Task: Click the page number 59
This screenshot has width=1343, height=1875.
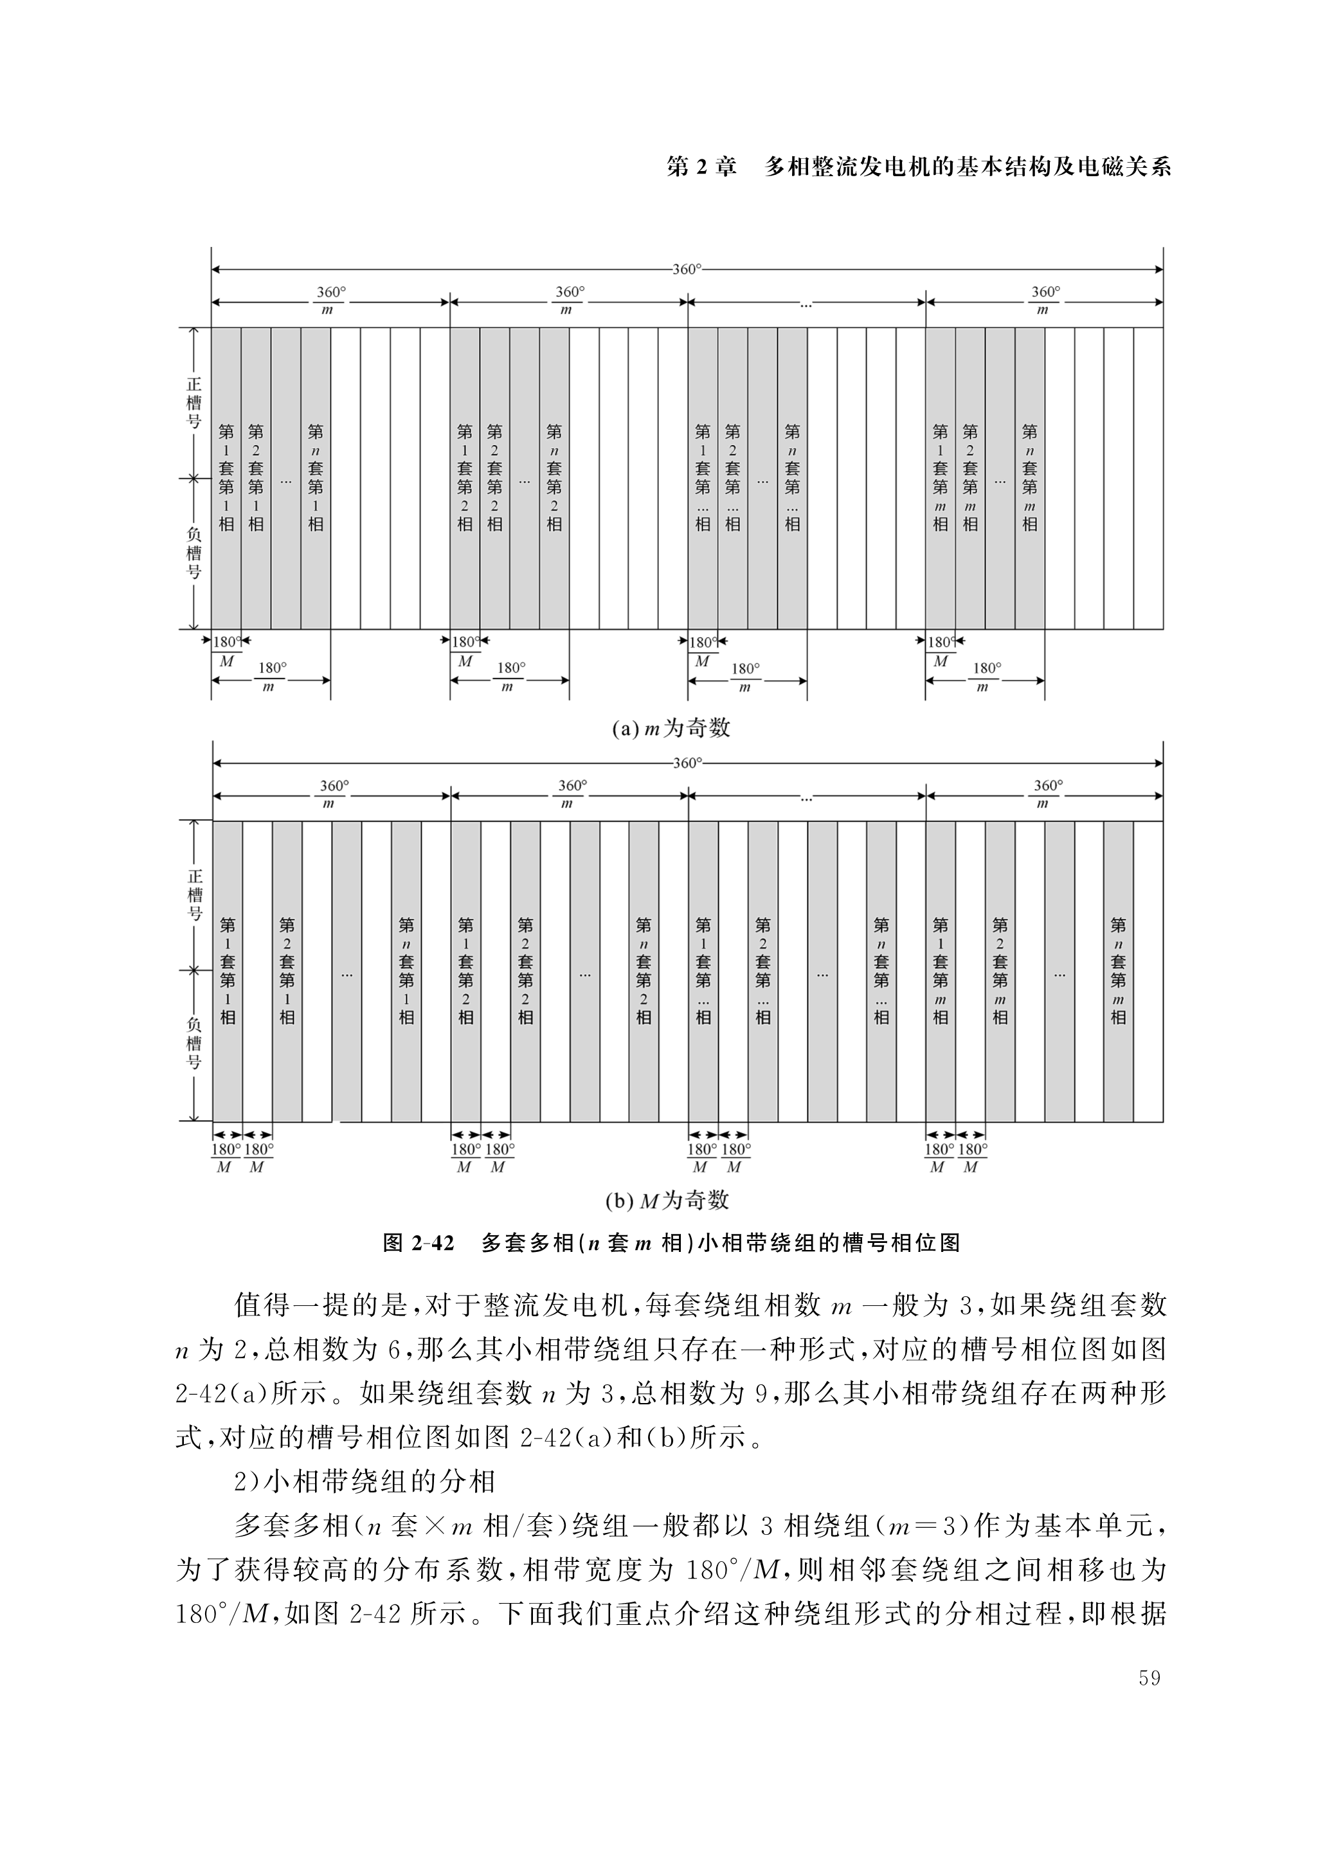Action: pyautogui.click(x=1149, y=1678)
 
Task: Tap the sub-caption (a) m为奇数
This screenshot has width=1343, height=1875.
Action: pyautogui.click(x=671, y=729)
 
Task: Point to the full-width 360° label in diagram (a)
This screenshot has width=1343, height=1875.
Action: pyautogui.click(x=686, y=269)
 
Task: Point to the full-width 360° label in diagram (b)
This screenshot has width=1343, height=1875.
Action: pyautogui.click(x=687, y=762)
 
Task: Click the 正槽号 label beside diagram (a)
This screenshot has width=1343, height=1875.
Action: pyautogui.click(x=194, y=403)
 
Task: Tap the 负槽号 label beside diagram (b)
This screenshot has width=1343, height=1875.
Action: pyautogui.click(x=194, y=1045)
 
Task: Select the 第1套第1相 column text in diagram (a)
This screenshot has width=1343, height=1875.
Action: pyautogui.click(x=226, y=477)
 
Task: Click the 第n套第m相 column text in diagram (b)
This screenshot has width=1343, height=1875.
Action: pyautogui.click(x=1118, y=970)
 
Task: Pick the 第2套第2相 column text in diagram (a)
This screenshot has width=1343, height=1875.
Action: pyautogui.click(x=494, y=477)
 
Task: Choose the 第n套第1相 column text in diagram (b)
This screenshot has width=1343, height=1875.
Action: pyautogui.click(x=406, y=970)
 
